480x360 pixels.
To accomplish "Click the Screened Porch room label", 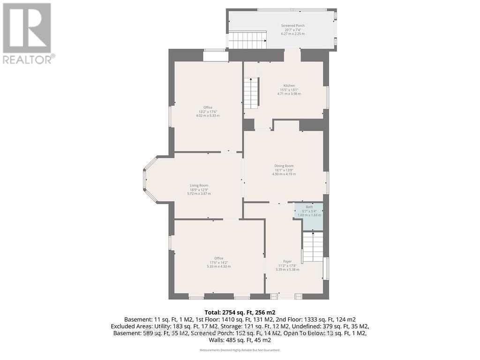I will click(292, 25).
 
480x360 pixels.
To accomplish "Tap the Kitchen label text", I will click(289, 85).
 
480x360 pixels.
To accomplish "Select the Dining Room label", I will click(284, 166).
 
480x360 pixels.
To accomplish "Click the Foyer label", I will click(287, 261).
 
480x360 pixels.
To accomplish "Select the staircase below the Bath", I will click(313, 248).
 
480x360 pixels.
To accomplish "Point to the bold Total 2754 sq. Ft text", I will click(240, 312).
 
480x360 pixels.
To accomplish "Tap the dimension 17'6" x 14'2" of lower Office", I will click(218, 262).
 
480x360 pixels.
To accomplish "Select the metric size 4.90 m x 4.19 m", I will click(284, 174).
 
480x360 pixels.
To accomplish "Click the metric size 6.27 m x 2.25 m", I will click(292, 34).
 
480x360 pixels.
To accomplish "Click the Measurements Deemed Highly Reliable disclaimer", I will click(240, 350).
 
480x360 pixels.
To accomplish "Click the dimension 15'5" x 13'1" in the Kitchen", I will click(289, 90).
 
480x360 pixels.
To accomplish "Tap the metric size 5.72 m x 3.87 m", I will click(199, 194).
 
